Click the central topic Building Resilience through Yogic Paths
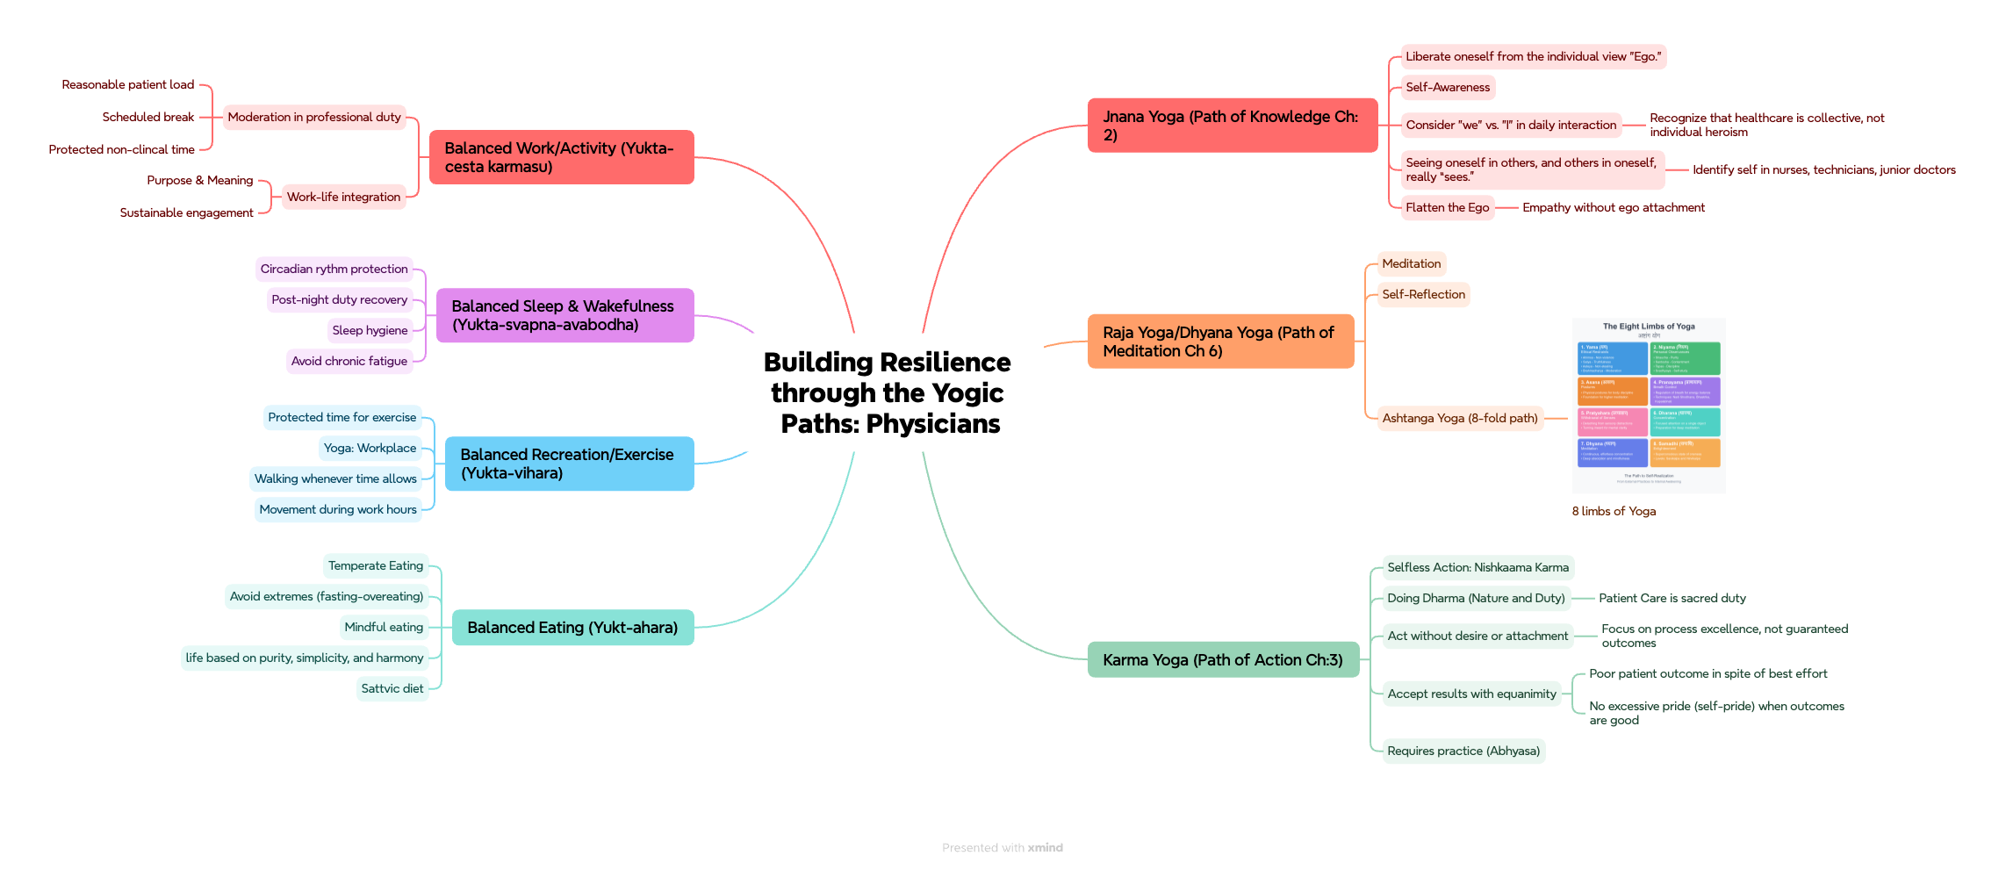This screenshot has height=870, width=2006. coord(887,392)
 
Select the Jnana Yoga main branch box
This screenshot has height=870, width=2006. coord(1232,126)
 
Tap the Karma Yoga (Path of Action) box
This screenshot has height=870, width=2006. coord(1223,660)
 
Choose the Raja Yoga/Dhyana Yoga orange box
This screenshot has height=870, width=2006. coord(1220,342)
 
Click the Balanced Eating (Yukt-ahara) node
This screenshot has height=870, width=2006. coord(572,628)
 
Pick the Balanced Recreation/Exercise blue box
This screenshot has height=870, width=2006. coord(568,464)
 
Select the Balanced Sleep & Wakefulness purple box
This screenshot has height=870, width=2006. coord(564,315)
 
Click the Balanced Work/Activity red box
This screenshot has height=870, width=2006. coord(561,157)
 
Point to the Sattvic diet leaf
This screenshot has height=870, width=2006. coord(392,689)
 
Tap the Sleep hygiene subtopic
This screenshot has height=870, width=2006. coord(370,331)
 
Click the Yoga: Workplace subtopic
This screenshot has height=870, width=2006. coord(370,449)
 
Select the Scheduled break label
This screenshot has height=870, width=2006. coord(148,118)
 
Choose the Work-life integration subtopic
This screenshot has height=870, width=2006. coord(343,198)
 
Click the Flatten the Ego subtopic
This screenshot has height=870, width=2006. coord(1447,208)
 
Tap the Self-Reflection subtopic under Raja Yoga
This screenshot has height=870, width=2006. coord(1423,295)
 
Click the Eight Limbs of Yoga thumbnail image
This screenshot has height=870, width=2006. coord(1648,406)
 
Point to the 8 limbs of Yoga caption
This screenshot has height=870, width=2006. coord(1614,512)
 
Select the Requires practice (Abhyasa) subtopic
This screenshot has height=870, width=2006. coord(1463,751)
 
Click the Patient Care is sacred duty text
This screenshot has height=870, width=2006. coord(1672,599)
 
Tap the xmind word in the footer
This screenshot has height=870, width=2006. coord(1045,848)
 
